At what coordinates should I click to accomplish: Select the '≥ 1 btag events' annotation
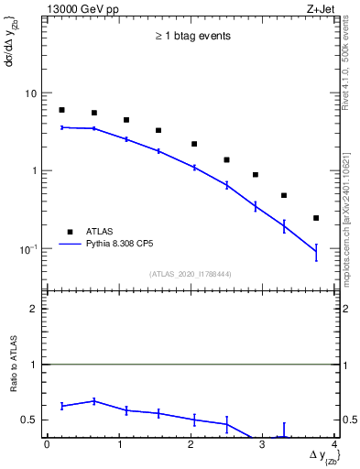point(191,37)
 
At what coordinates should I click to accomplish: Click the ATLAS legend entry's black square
point(69,231)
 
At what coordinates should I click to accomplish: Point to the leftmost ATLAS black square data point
point(61,110)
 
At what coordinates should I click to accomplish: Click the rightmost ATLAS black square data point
point(316,218)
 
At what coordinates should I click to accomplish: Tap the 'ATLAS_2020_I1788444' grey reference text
point(191,274)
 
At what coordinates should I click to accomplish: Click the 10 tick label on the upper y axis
point(31,94)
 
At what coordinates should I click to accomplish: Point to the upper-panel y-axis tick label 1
point(34,171)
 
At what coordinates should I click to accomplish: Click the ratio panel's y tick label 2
point(34,309)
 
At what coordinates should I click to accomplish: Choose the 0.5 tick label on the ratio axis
point(30,420)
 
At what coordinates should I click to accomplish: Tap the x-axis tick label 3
point(263,446)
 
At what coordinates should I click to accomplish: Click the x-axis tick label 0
point(47,446)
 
